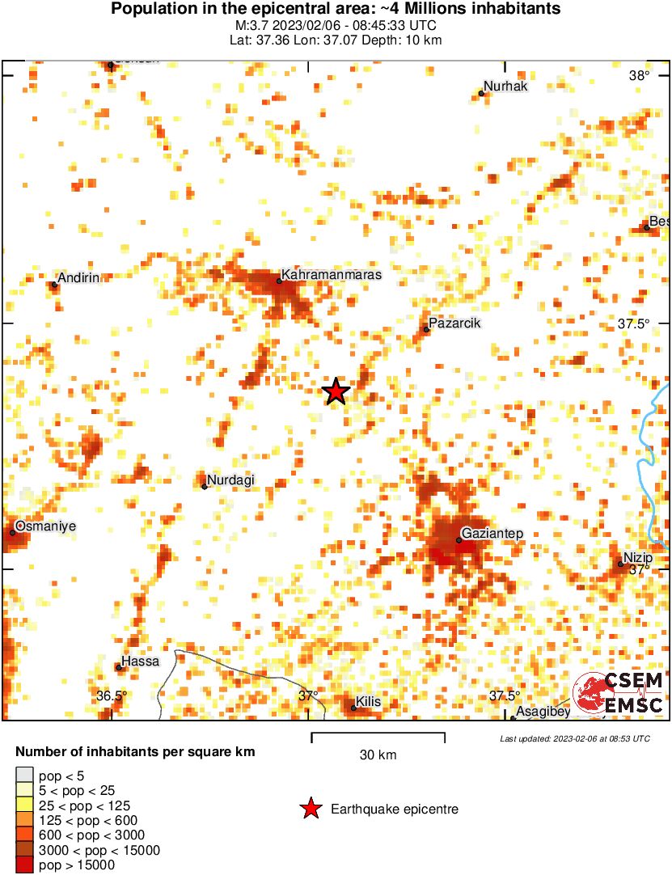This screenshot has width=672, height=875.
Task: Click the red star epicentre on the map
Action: pyautogui.click(x=336, y=391)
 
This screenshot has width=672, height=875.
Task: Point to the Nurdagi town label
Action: pyautogui.click(x=230, y=480)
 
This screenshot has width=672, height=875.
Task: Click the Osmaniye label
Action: pyautogui.click(x=46, y=526)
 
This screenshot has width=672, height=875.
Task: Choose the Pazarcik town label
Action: pyautogui.click(x=455, y=323)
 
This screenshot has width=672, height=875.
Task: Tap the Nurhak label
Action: pyautogui.click(x=505, y=87)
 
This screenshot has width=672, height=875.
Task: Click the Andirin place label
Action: pyautogui.click(x=79, y=278)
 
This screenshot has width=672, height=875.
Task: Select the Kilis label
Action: pyautogui.click(x=368, y=702)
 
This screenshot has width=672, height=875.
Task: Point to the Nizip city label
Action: pyautogui.click(x=638, y=557)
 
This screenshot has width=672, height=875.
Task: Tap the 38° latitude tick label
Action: pyautogui.click(x=640, y=76)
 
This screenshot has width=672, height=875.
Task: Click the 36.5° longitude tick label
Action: pyautogui.click(x=112, y=695)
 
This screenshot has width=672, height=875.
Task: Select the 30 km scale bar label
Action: pyautogui.click(x=378, y=755)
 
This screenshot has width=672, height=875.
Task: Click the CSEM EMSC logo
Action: pyautogui.click(x=619, y=693)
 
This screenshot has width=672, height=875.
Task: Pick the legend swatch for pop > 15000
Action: pyautogui.click(x=25, y=864)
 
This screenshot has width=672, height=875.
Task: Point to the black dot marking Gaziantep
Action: pyautogui.click(x=459, y=540)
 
